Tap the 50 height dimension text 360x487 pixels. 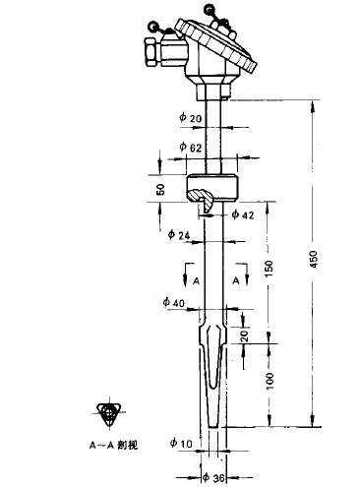pos(160,188)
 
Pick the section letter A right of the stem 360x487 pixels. pos(236,280)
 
